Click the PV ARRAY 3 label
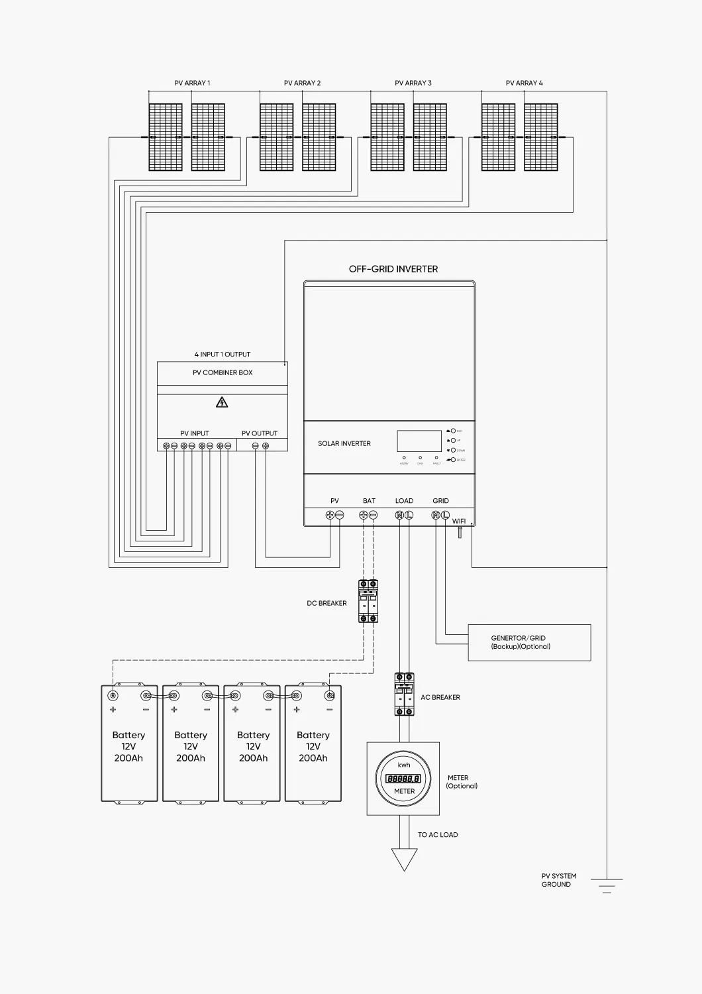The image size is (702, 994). pyautogui.click(x=413, y=83)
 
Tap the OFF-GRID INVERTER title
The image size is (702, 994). pyautogui.click(x=393, y=269)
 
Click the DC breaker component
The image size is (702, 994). pyautogui.click(x=368, y=601)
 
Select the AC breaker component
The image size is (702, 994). pyautogui.click(x=404, y=694)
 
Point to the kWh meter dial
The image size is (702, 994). pyautogui.click(x=404, y=779)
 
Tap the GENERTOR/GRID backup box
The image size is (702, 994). pyautogui.click(x=529, y=642)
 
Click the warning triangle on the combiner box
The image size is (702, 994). pyautogui.click(x=223, y=402)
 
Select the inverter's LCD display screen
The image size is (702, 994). pyautogui.click(x=419, y=441)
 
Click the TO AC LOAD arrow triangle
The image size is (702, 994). pyautogui.click(x=404, y=859)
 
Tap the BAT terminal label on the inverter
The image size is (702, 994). pyautogui.click(x=369, y=501)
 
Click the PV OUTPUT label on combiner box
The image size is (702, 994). pyautogui.click(x=260, y=433)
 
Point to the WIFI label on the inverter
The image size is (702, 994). pyautogui.click(x=459, y=522)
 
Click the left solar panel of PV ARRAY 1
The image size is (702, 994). pyautogui.click(x=165, y=137)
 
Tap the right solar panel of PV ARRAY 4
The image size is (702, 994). pyautogui.click(x=540, y=137)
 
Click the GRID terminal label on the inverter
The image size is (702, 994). pyautogui.click(x=440, y=501)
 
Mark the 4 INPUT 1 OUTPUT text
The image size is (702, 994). pyautogui.click(x=223, y=355)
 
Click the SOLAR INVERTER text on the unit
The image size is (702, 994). pyautogui.click(x=344, y=443)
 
